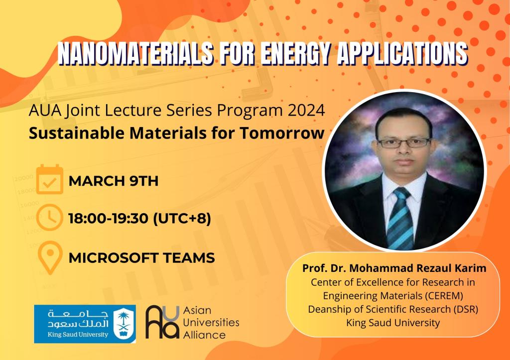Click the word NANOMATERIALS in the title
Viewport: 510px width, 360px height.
point(135,53)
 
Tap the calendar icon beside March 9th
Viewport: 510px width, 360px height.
point(49,179)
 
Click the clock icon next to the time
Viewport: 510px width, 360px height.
point(49,218)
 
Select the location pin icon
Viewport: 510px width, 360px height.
point(50,257)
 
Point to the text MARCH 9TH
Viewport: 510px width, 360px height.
point(114,181)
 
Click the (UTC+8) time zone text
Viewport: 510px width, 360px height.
point(182,218)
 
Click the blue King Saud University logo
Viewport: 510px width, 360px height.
point(85,324)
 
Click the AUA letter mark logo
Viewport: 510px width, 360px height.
point(162,322)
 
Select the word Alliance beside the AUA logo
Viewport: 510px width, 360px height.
point(204,335)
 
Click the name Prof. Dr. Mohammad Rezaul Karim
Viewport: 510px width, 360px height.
point(394,268)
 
